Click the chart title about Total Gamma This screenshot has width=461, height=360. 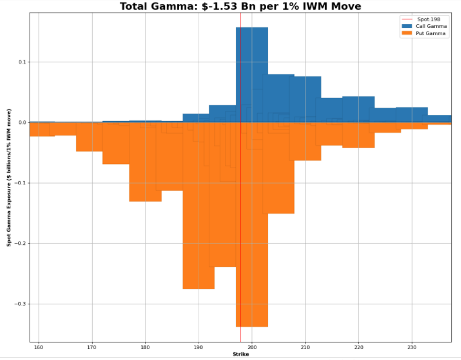(x=240, y=7)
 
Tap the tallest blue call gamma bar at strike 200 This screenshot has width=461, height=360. (x=252, y=73)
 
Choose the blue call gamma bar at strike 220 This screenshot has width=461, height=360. (x=358, y=110)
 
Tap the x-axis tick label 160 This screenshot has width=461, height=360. (x=39, y=347)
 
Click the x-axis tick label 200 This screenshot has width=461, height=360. (x=252, y=347)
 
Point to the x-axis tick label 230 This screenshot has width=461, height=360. (x=411, y=347)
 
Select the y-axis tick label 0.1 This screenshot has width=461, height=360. (x=22, y=62)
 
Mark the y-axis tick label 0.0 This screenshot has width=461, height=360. (x=22, y=123)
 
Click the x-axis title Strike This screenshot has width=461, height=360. (x=240, y=355)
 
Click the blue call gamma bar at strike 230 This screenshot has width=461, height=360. (x=411, y=115)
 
